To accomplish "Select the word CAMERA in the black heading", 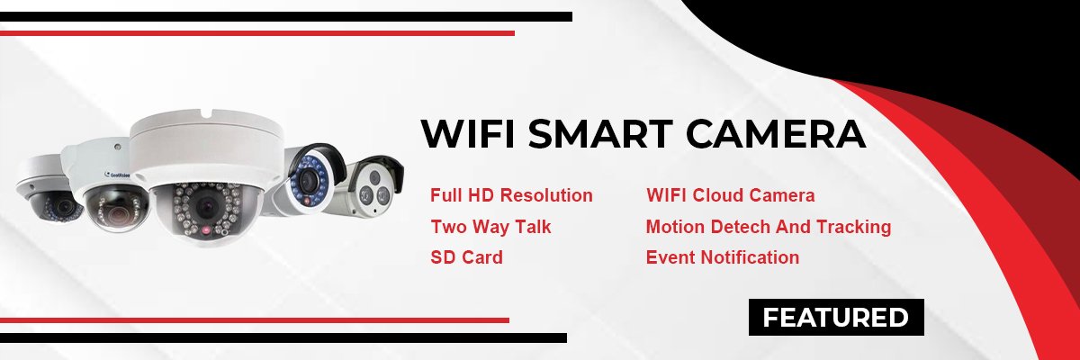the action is (776, 133).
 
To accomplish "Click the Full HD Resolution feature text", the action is (511, 195).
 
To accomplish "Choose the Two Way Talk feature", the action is (490, 227).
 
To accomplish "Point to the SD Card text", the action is (467, 257).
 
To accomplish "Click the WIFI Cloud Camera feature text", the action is (731, 195).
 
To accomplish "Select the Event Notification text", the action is (722, 257).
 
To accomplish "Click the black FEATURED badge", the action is (836, 317).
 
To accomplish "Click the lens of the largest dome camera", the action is (207, 207).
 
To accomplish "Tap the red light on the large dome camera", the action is (206, 229).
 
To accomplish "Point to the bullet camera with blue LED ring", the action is (309, 181).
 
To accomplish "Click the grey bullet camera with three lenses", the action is (368, 188).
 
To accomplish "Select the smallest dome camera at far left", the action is (49, 191).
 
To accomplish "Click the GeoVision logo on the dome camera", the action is (117, 175).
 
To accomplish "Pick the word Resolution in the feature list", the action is (546, 195).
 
